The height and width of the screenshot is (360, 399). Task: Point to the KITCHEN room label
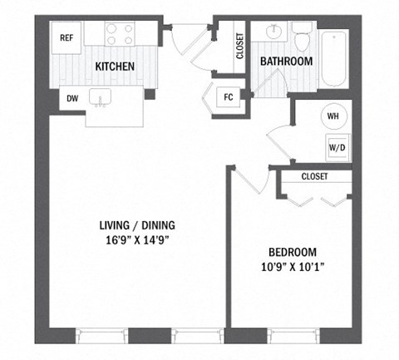[x=116, y=67]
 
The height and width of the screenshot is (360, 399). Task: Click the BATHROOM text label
[x=286, y=62]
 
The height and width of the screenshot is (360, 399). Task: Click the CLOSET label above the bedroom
[x=314, y=176]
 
